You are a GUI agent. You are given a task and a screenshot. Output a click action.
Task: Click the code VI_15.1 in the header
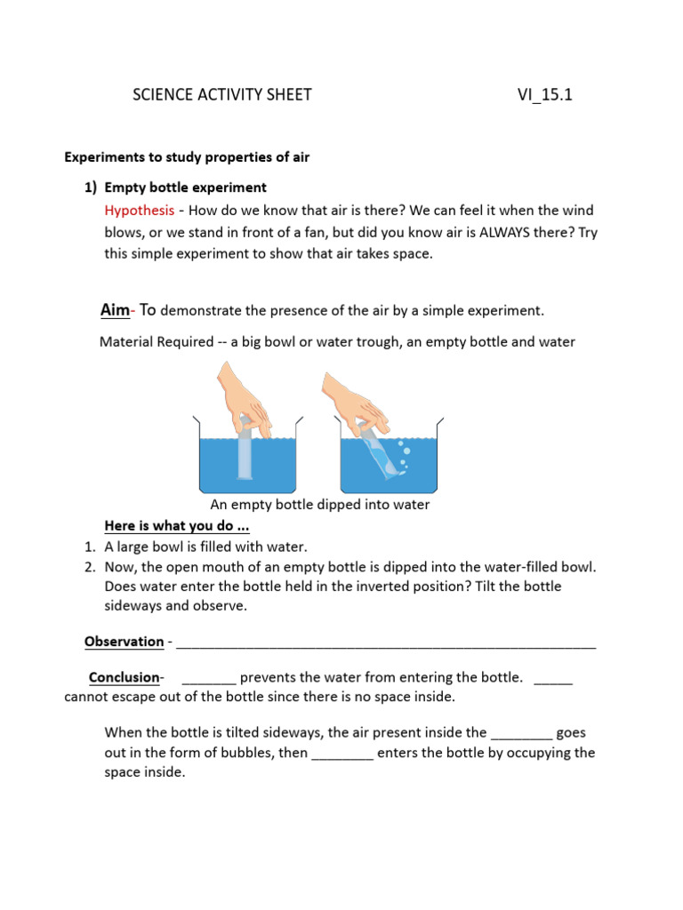point(544,95)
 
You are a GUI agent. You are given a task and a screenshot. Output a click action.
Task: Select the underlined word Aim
point(114,309)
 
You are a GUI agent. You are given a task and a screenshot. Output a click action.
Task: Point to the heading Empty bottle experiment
point(185,188)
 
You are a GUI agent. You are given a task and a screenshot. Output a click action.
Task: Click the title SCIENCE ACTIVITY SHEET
point(222,95)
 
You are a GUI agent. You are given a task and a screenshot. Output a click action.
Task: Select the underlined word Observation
point(124,641)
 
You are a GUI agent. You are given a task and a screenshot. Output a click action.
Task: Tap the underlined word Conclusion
point(124,677)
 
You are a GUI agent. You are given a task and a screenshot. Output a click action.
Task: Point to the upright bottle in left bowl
point(245,455)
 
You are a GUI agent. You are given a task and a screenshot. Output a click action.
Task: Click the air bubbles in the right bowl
point(403,451)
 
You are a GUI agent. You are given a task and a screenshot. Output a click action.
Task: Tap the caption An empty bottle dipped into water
point(319,504)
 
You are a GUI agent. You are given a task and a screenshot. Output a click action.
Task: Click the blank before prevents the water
point(213,678)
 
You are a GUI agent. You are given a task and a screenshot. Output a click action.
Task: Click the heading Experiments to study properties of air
point(187,157)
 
